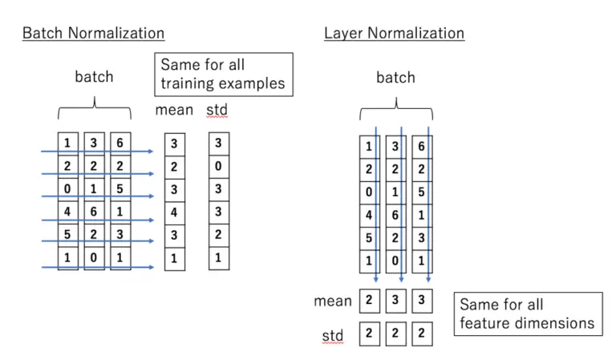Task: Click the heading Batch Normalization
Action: [93, 33]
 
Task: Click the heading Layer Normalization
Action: [394, 33]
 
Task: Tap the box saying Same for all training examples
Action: [223, 75]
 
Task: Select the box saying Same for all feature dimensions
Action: [527, 313]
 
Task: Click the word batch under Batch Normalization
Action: [94, 77]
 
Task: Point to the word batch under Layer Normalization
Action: [395, 77]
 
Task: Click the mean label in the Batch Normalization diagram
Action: [174, 109]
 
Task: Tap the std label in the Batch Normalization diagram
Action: [217, 109]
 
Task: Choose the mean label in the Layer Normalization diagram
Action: [333, 301]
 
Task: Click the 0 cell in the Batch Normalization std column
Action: [218, 166]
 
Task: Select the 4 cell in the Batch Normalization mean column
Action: [175, 212]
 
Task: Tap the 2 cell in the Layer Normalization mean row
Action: [370, 301]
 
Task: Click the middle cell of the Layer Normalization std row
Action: [395, 333]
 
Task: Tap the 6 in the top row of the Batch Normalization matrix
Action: [120, 143]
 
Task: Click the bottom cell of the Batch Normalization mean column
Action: [175, 259]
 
